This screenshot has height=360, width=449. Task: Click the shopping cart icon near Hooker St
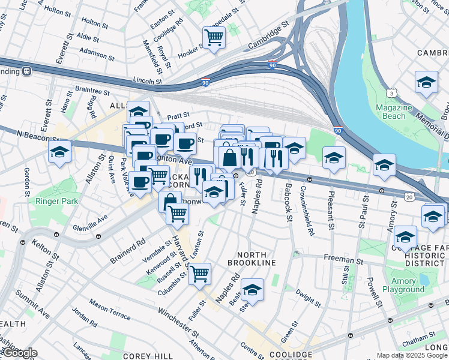click(x=214, y=37)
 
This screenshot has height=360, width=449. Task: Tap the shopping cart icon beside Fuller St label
click(x=199, y=274)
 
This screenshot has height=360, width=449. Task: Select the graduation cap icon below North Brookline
click(x=253, y=290)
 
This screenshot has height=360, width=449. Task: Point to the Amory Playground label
click(x=403, y=285)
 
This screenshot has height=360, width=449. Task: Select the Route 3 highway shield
click(x=391, y=94)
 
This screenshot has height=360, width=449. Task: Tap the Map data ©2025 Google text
click(x=411, y=355)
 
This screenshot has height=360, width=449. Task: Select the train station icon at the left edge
click(x=27, y=71)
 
